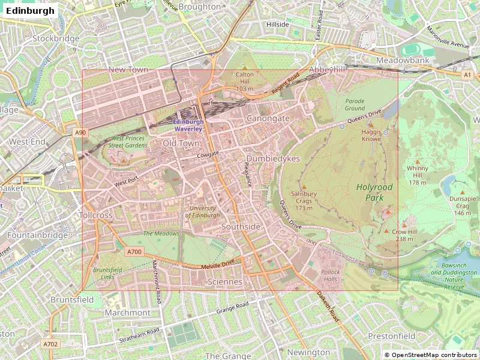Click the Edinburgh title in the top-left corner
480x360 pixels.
30,10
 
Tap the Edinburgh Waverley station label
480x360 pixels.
188,125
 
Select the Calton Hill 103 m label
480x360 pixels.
245,82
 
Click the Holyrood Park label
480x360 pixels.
374,192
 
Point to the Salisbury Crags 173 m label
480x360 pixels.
304,201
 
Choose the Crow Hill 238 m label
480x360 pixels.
404,235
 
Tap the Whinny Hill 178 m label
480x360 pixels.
417,175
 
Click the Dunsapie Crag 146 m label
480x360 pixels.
462,206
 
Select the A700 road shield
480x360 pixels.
134,252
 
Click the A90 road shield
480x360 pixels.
80,133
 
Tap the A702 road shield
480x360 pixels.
50,344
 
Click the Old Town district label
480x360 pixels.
181,144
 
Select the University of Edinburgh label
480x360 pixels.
202,212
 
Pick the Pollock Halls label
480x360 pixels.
331,276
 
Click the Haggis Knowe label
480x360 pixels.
371,135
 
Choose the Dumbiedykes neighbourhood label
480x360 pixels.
273,159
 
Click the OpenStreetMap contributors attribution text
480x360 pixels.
430,355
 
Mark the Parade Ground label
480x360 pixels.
355,104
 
